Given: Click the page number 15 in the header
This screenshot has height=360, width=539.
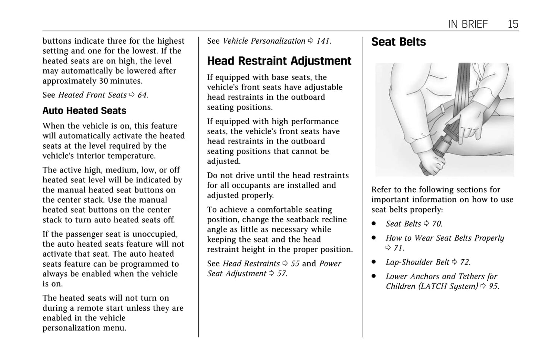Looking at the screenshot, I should (x=513, y=24).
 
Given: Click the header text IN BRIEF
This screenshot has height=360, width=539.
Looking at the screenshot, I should (x=468, y=24).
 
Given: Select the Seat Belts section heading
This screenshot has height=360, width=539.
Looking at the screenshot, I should (x=398, y=42).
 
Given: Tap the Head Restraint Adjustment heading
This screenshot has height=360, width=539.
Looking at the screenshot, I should (x=279, y=61).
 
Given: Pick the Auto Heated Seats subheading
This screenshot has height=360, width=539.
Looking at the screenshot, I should (x=84, y=111).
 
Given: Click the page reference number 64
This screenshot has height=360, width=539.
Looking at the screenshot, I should (x=142, y=95).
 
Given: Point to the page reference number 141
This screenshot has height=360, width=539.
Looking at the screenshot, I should (x=323, y=41).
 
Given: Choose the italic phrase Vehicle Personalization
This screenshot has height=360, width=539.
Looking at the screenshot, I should (x=264, y=41).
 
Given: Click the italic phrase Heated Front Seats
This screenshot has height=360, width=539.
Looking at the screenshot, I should (x=93, y=95).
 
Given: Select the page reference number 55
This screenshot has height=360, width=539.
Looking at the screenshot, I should (x=295, y=264).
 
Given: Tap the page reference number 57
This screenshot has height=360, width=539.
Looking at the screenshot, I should (x=282, y=274).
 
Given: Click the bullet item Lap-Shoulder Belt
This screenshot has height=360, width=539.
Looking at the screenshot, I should (x=417, y=262).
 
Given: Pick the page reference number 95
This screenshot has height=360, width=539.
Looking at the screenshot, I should (x=493, y=287).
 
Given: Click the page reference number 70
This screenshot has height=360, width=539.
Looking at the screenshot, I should (x=436, y=224).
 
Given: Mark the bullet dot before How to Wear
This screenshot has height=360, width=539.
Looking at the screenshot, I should (x=373, y=238).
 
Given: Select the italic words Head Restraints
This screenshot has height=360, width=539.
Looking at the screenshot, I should (x=251, y=264).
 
